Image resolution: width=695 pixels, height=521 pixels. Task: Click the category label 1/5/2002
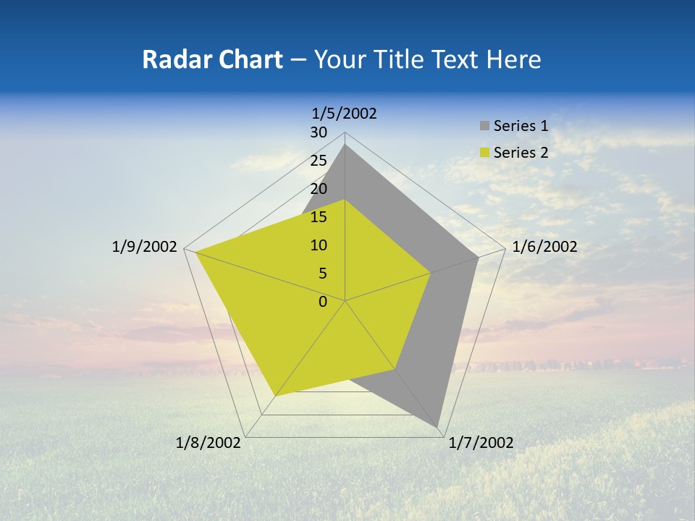coord(345,113)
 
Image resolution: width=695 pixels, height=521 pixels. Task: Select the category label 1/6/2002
coord(544,247)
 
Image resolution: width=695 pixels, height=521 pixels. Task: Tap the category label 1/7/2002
coord(481,443)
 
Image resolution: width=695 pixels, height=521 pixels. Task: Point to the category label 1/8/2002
coord(208,443)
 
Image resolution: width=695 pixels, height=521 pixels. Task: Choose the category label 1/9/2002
coord(145,247)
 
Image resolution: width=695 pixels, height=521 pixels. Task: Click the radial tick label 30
coord(319,132)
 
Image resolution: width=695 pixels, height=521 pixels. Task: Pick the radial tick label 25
coord(319,161)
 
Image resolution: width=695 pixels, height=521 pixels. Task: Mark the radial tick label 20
coord(319,189)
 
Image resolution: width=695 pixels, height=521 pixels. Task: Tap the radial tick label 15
coord(319,217)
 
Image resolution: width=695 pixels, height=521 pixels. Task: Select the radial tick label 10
coord(319,245)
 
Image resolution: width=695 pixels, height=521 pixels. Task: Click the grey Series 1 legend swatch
coord(484,126)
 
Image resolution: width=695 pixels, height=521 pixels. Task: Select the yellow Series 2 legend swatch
coord(484,153)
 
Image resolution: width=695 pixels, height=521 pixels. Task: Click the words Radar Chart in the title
coord(212,59)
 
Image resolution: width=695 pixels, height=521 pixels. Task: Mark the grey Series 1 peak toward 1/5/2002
coord(345,145)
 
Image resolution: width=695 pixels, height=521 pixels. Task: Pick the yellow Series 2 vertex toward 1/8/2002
coord(275,395)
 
